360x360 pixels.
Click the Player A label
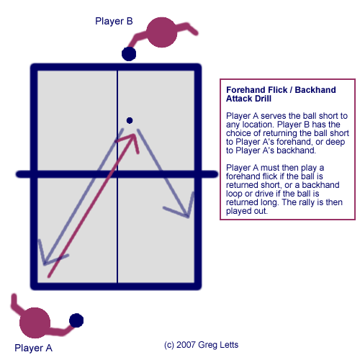(x=34, y=347)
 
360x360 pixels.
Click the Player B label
(x=114, y=21)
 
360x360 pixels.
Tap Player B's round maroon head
(x=162, y=34)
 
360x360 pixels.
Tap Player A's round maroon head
(x=34, y=323)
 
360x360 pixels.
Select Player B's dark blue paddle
(x=129, y=53)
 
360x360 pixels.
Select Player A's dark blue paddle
(x=76, y=320)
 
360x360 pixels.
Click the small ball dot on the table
(x=130, y=120)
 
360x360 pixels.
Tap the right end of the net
(x=213, y=174)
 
